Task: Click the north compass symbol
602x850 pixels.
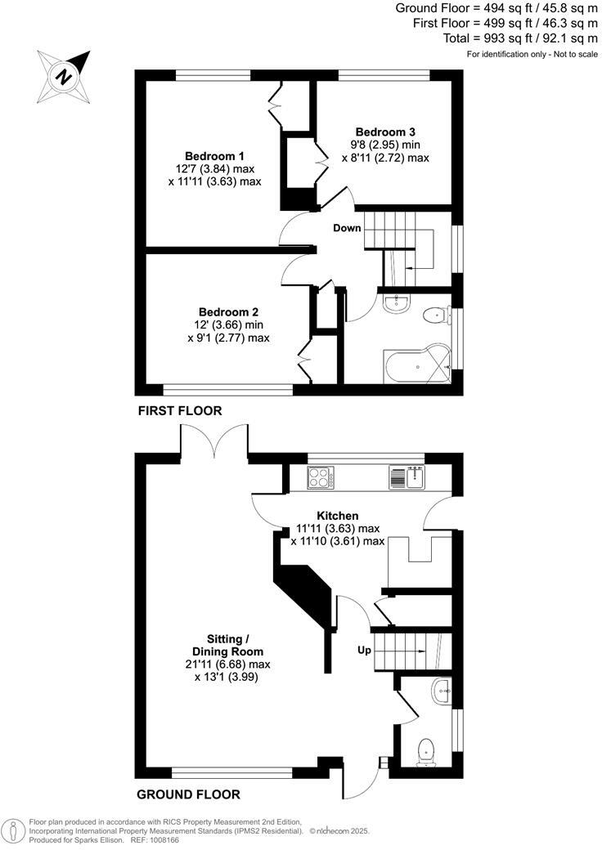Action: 63,75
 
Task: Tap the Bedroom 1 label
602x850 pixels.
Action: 214,156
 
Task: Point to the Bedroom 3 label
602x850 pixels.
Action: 385,132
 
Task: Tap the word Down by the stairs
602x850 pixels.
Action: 347,228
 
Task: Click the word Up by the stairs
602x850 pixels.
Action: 365,651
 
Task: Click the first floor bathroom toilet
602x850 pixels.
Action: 434,315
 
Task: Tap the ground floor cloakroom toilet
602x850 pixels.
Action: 425,750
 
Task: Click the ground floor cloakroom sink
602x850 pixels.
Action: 442,691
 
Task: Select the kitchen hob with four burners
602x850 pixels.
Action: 320,476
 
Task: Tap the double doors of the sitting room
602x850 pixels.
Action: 215,442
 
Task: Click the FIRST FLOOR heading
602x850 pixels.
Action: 179,410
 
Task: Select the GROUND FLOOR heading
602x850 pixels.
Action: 188,794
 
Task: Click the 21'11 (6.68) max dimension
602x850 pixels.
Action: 227,664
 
